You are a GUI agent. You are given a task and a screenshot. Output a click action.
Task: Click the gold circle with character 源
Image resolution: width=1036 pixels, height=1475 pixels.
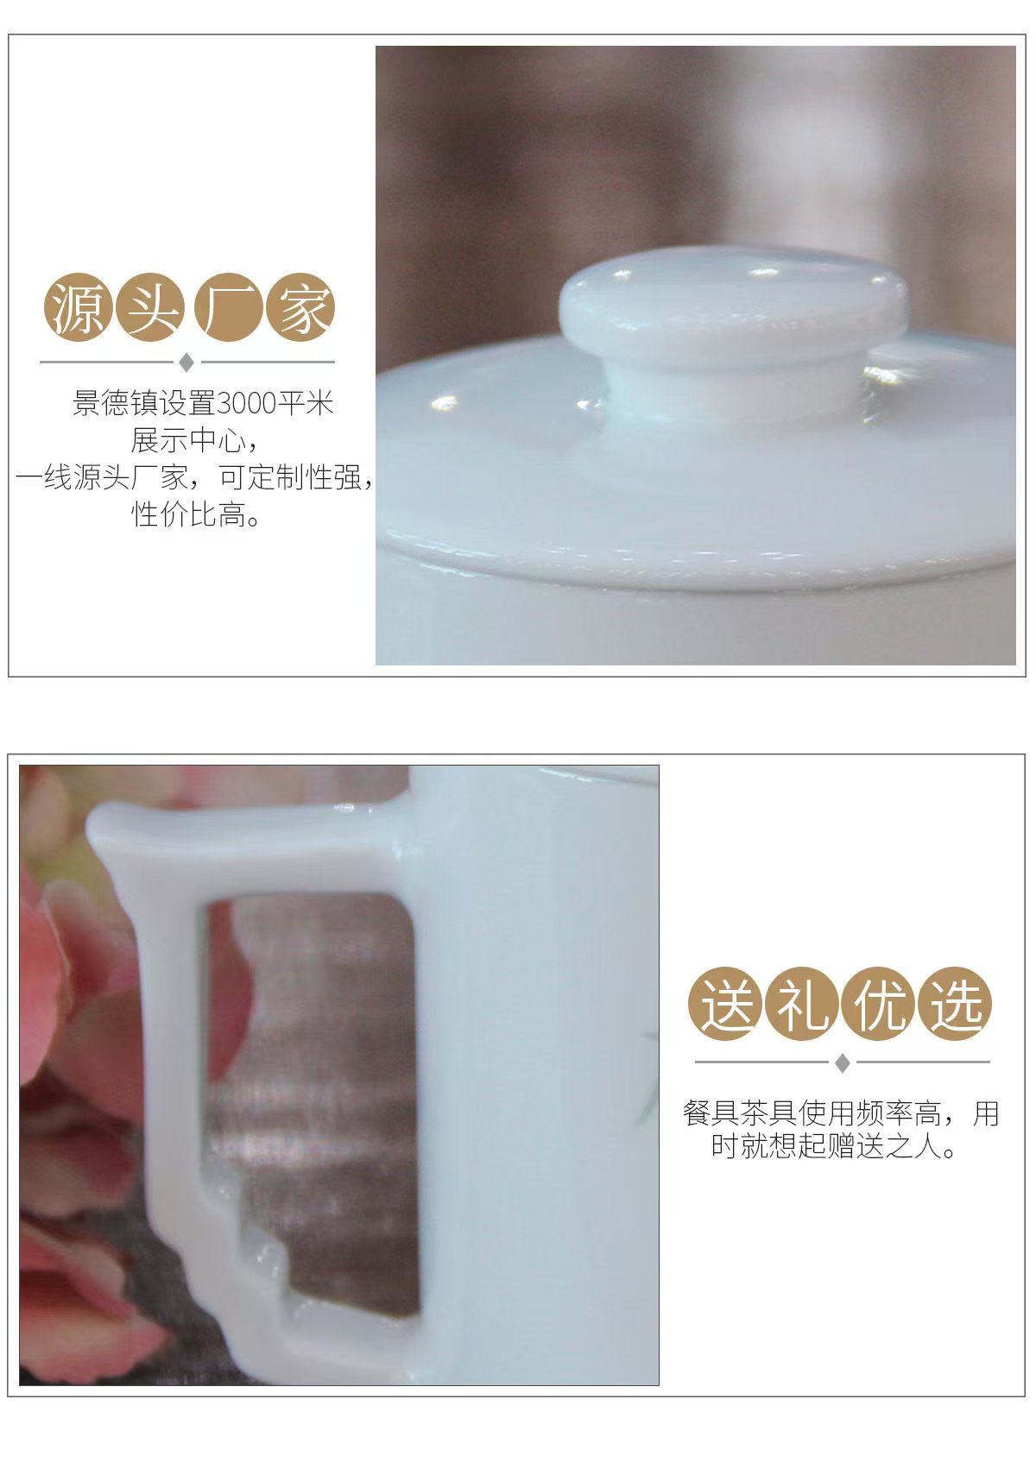pos(77,307)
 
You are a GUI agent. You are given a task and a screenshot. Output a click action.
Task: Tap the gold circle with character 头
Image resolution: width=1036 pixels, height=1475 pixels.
pos(149,307)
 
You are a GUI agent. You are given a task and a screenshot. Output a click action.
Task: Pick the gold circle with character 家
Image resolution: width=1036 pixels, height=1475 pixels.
pos(300,307)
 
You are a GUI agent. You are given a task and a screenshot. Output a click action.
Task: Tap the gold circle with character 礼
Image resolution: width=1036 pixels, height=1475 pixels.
pos(801,1003)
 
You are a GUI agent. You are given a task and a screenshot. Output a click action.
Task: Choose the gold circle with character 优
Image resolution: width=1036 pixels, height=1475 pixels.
pos(878,1003)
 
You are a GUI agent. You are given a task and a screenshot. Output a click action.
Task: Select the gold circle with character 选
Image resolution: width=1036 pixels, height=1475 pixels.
pos(954,1003)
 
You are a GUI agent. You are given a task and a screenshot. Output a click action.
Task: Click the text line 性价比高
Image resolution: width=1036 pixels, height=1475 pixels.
pos(196,514)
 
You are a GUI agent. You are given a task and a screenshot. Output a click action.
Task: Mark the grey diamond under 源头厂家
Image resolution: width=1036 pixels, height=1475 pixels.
pos(186,362)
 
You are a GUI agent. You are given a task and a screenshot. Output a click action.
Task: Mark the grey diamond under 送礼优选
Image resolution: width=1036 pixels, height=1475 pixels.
pos(842,1062)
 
